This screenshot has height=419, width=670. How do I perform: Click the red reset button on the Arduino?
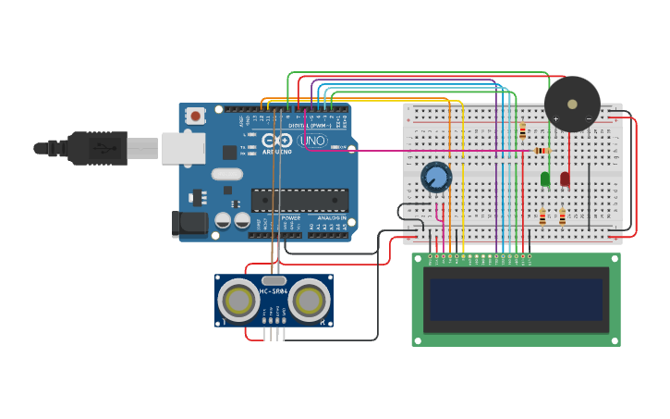[x=195, y=117]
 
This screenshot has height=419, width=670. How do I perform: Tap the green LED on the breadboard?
[x=545, y=179]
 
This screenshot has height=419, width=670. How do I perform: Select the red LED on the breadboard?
[x=565, y=179]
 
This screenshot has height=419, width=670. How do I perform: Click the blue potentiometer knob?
[x=435, y=178]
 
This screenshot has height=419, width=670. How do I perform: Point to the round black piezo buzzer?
[x=572, y=103]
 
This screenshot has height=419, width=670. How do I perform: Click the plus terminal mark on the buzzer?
[x=555, y=118]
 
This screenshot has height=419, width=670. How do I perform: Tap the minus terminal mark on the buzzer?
[x=589, y=118]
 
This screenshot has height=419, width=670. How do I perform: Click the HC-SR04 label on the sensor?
[x=274, y=291]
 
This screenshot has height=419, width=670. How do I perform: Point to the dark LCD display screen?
[x=516, y=300]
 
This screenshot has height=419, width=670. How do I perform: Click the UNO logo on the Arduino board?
[x=311, y=141]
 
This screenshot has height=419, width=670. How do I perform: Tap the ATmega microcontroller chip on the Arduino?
[x=299, y=200]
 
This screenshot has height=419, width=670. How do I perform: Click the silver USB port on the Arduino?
[x=183, y=148]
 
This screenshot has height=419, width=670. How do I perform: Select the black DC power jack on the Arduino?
[x=189, y=223]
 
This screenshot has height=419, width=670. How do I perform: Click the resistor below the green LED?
[x=542, y=217]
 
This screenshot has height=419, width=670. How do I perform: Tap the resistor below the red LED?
[x=562, y=217]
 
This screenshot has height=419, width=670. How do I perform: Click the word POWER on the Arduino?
[x=290, y=218]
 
